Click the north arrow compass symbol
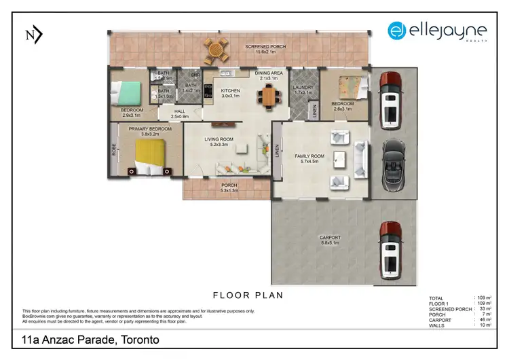click(33, 35)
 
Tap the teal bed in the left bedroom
click(126, 91)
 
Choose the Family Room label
click(309, 158)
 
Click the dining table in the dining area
click(269, 98)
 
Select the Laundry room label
click(302, 90)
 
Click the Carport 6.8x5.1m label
click(330, 240)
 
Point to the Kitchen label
click(231, 92)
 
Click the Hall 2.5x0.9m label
click(179, 114)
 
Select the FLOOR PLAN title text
click(248, 295)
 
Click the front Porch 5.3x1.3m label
click(227, 187)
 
